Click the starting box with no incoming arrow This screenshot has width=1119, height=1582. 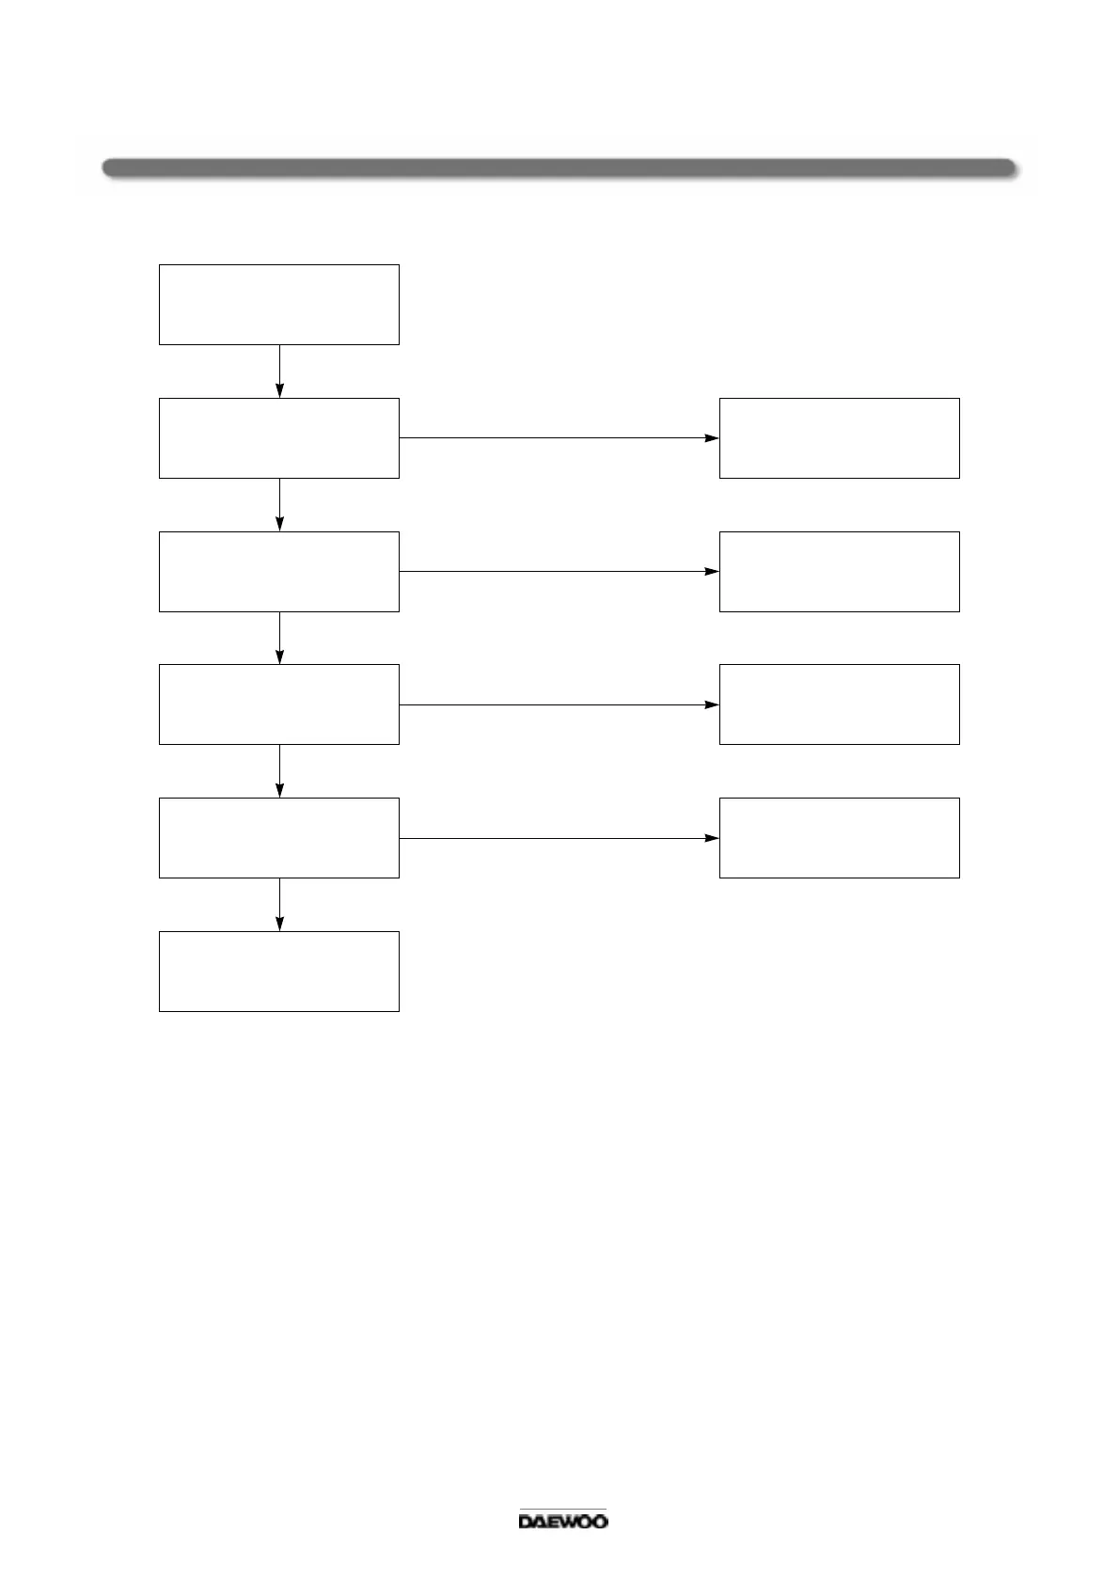tap(278, 305)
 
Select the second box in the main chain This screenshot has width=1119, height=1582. tap(278, 438)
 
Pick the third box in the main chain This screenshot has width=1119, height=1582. tap(278, 572)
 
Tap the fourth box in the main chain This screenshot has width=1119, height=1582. tap(278, 704)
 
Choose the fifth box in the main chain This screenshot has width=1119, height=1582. tap(278, 838)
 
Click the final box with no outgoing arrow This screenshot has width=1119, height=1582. tap(278, 972)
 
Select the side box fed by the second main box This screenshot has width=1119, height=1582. tap(839, 438)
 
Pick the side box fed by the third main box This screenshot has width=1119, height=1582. tap(839, 572)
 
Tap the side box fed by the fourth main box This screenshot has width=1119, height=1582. tap(839, 704)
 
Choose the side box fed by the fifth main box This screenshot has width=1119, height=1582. tap(839, 838)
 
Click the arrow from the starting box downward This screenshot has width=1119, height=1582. tap(280, 372)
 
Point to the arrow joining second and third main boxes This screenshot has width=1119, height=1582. tap(280, 505)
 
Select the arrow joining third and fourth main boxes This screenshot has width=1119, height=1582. tap(280, 638)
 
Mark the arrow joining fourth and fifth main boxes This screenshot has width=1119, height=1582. tap(280, 771)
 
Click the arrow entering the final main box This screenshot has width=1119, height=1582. tap(280, 905)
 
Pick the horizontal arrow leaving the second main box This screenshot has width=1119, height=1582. tap(559, 438)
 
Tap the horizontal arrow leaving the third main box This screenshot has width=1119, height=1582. tap(559, 572)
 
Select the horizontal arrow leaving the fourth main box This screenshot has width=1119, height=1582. tap(559, 704)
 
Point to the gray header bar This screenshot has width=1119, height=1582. tap(559, 168)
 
